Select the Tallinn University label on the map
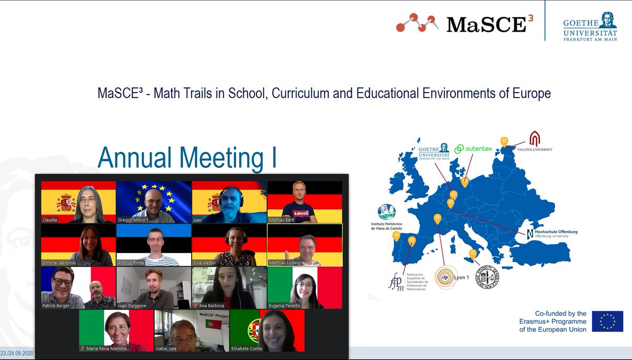pos(535,149)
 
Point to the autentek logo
pos(473,149)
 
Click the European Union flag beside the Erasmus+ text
pos(607,321)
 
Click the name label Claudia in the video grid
pos(50,219)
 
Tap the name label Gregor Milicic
pos(134,219)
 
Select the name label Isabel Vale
pos(169,348)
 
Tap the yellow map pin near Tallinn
pos(504,141)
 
